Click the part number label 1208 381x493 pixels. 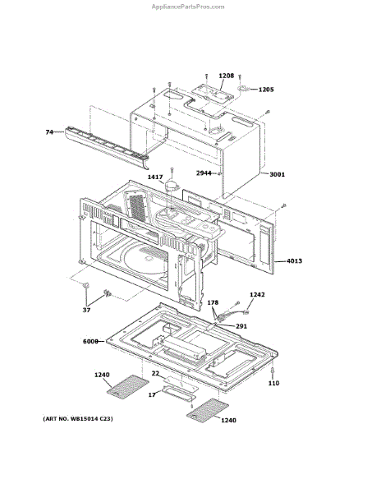(x=226, y=76)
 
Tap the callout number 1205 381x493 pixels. (x=266, y=90)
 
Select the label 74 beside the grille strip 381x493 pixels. (x=49, y=132)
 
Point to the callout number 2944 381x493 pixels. (x=204, y=173)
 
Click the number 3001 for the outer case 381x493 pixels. (x=278, y=174)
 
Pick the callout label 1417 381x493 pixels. (x=155, y=177)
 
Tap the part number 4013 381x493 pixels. (x=294, y=260)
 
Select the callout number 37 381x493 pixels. (x=86, y=310)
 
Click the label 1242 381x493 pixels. (x=257, y=295)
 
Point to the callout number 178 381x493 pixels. (x=213, y=302)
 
